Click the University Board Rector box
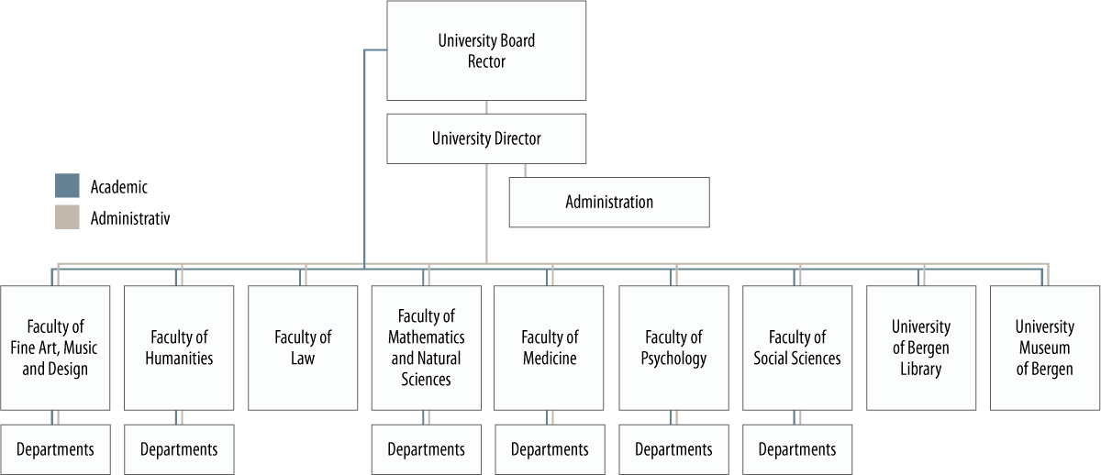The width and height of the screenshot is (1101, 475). [x=486, y=50]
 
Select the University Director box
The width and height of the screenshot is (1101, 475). [x=486, y=139]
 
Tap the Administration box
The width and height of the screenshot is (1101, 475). [x=609, y=202]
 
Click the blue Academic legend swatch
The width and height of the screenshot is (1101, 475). [x=67, y=186]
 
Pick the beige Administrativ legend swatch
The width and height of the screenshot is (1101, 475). [x=67, y=217]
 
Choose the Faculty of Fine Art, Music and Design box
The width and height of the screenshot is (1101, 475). [x=55, y=348]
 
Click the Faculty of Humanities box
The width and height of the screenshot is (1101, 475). [x=179, y=348]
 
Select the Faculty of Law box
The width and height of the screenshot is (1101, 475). [x=303, y=348]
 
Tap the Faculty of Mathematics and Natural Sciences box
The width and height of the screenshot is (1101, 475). [x=426, y=348]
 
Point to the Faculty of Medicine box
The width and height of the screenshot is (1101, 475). [x=549, y=348]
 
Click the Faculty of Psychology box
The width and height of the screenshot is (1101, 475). [x=673, y=348]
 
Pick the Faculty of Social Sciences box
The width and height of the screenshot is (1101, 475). [x=797, y=348]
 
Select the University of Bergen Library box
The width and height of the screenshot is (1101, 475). [x=921, y=348]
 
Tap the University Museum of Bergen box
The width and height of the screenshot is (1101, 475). [x=1044, y=348]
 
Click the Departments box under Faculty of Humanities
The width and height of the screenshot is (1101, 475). [x=179, y=449]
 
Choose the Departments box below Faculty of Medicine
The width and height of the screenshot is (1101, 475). [x=549, y=449]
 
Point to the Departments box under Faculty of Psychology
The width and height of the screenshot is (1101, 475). [x=673, y=449]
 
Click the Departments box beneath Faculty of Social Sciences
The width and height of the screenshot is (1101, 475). [x=797, y=449]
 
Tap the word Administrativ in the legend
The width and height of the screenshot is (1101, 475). [x=130, y=218]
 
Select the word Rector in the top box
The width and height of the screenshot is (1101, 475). [x=486, y=62]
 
